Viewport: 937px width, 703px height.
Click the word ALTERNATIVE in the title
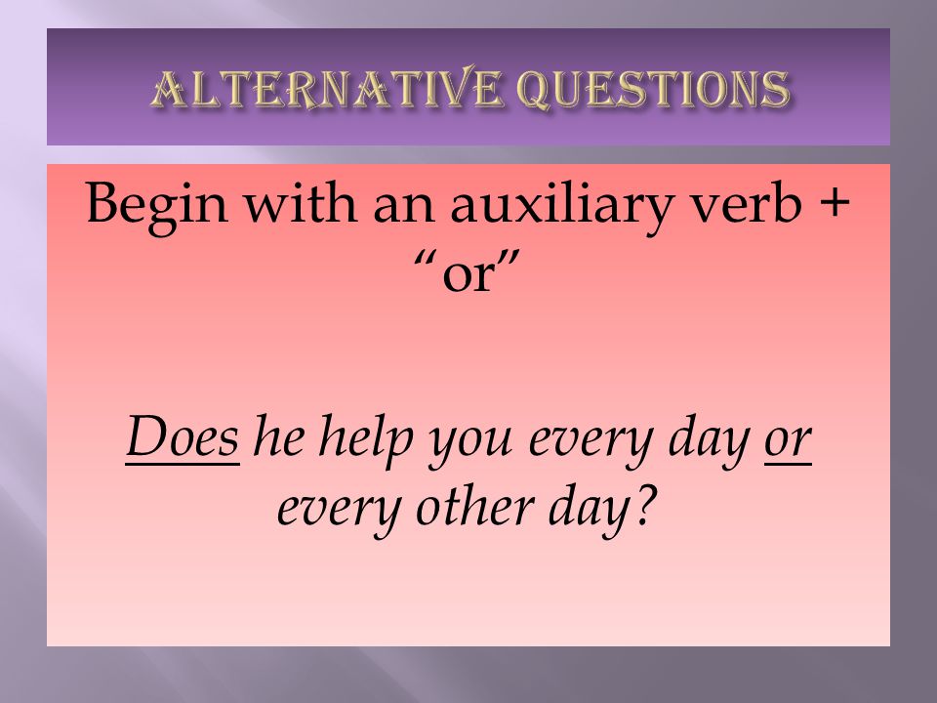point(326,89)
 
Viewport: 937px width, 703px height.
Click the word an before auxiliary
point(404,207)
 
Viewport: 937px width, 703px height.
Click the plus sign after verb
point(833,202)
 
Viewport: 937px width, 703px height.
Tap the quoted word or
point(468,273)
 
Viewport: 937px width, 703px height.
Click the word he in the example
point(279,435)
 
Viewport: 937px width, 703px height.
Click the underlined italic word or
point(788,441)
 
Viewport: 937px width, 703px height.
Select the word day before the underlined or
point(710,440)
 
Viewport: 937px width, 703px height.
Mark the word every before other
point(339,516)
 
